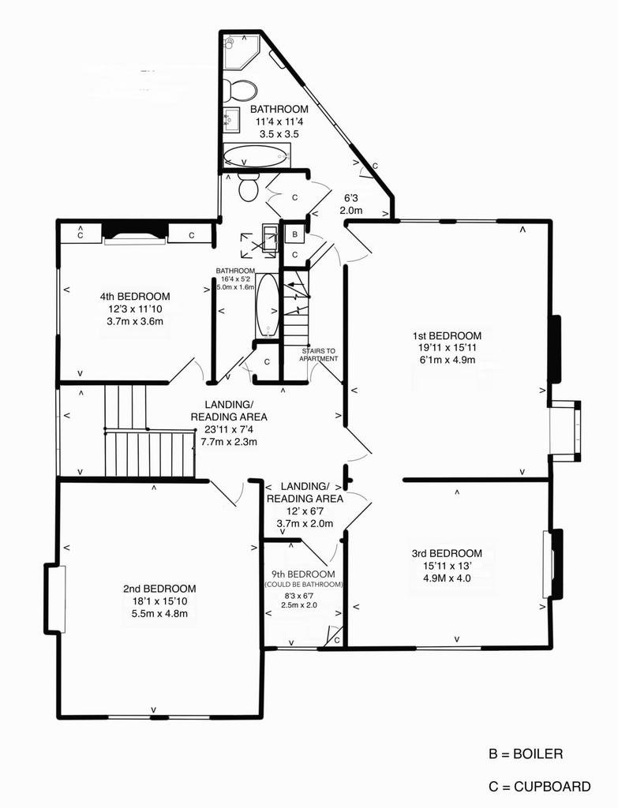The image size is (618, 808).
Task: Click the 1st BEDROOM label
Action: coord(447,335)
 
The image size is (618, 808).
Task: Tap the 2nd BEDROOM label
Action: coord(159,589)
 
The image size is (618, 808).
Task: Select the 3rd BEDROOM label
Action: coord(447,553)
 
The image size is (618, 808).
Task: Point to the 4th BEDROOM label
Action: coord(135,297)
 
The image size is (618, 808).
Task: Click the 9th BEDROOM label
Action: coord(303,574)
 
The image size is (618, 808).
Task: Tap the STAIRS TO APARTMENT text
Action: coord(319,354)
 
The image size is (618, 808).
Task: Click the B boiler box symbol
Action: coord(295,234)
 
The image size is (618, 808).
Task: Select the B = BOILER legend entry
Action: coord(526,754)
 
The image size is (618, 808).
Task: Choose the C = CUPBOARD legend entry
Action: coord(540,787)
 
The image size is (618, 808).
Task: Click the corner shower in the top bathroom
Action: coord(240,51)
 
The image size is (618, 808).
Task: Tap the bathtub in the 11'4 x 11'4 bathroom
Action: coord(257,155)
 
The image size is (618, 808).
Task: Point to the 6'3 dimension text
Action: coord(351,198)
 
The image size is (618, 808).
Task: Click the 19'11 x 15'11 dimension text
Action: coord(447,348)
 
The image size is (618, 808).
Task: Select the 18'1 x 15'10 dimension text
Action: coord(159,600)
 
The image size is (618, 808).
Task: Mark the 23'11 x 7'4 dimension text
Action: coord(229,429)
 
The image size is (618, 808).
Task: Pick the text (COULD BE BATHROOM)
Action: coord(303,585)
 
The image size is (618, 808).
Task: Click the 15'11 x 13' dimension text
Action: coord(447,566)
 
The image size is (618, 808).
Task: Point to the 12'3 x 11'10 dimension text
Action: coord(135,309)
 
